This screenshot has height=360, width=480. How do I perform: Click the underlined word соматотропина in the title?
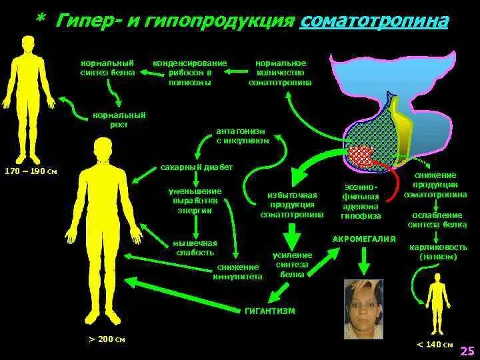[x=374, y=21]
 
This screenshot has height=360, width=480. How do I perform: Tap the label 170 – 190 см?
[x=31, y=171]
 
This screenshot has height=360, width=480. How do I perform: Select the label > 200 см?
[x=107, y=339]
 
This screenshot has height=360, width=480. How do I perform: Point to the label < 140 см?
[x=435, y=344]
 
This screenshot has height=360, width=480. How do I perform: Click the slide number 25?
[x=467, y=350]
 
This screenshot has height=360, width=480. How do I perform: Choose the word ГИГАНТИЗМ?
[x=269, y=311]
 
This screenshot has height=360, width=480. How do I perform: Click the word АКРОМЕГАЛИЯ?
[x=364, y=239]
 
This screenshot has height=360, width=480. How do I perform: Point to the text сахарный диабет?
[x=197, y=167]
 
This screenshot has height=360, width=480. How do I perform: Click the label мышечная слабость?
[x=194, y=248]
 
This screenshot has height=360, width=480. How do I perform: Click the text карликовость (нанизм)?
[x=438, y=251]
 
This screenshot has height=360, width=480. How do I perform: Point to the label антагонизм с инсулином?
[x=243, y=137]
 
